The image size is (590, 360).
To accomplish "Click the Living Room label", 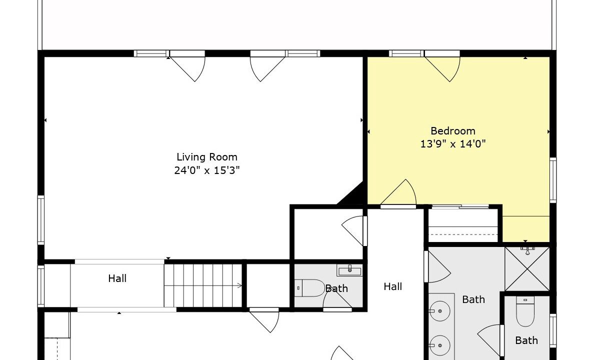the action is point(207,157).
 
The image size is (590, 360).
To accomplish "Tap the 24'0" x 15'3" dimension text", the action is point(207,170).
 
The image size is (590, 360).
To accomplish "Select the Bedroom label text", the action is point(453,131).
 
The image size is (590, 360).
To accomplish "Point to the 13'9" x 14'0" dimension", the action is point(453,143).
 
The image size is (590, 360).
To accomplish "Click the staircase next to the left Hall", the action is point(203,285).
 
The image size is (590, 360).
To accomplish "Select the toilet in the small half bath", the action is point(309,288).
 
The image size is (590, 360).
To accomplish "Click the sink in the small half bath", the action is point(349,270).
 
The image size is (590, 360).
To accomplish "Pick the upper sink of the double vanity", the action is point(440,311).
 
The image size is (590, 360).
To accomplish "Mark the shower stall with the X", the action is point(527,268).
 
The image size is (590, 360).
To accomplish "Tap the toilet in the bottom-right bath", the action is point(525,311).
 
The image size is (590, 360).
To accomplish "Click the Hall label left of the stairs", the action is point(117,278).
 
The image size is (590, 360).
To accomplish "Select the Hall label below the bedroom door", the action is point(393,286).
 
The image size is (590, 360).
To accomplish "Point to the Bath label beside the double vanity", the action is point(473,299).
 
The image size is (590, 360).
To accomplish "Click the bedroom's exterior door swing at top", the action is point(442,67).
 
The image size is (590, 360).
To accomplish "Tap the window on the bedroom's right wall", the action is point(552,180).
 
